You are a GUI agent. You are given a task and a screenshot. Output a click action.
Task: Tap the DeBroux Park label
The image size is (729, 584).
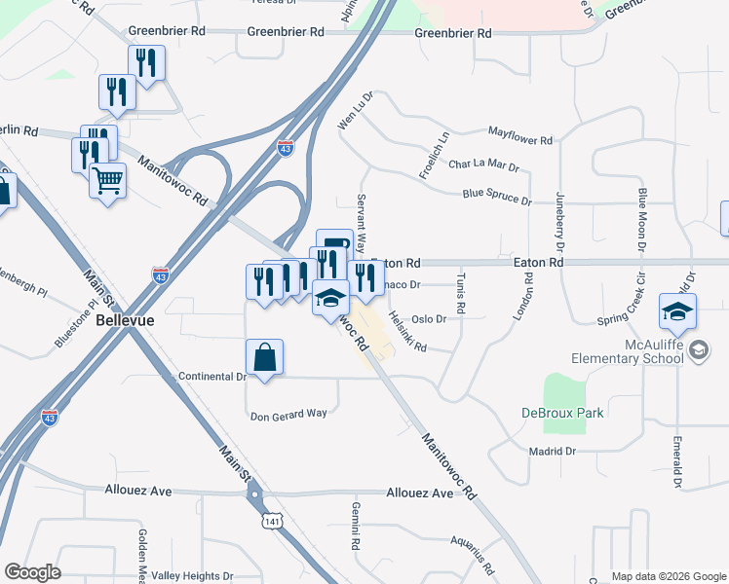561,413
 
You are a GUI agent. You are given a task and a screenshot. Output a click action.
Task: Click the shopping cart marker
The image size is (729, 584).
107,180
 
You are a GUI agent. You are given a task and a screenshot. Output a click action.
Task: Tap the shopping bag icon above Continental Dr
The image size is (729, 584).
264,356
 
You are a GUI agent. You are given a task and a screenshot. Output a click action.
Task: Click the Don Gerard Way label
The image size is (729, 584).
288,416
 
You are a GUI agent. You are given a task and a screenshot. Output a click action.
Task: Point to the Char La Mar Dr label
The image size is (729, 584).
483,166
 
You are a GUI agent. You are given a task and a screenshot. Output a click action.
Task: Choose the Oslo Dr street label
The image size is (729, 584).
429,318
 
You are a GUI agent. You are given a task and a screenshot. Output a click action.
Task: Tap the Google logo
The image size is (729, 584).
32,572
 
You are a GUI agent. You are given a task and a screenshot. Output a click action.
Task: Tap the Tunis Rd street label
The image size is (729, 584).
461,295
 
